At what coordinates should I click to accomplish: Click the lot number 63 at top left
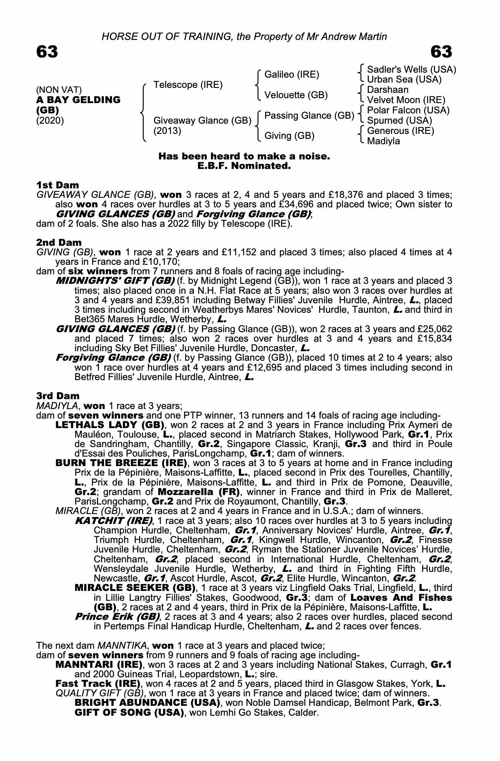(47, 52)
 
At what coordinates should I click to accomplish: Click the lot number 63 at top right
(441, 52)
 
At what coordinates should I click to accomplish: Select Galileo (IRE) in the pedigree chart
(292, 75)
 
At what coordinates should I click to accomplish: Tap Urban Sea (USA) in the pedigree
(404, 80)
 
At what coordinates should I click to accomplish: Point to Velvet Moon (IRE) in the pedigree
(406, 100)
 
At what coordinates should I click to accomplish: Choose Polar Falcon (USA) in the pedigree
(408, 110)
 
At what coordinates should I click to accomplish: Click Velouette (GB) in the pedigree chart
(296, 95)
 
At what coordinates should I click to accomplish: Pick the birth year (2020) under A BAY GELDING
(50, 121)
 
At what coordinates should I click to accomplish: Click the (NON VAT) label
(59, 90)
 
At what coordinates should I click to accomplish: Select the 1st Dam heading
(57, 185)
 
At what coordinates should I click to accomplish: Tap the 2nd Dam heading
(59, 242)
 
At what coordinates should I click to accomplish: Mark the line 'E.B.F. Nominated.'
(244, 166)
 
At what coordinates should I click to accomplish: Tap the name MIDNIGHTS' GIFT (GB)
(115, 281)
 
